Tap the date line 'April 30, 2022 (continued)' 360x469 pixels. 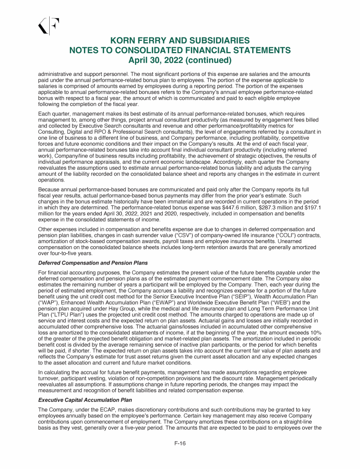pos(180,60)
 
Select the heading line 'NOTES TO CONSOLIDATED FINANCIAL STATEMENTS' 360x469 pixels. pos(180,51)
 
